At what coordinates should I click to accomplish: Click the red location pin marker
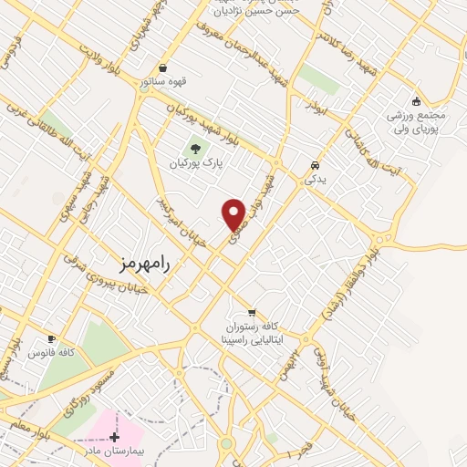233,214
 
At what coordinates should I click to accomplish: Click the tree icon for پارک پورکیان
192,148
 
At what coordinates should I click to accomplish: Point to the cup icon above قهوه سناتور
162,67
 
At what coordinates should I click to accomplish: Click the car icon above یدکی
315,166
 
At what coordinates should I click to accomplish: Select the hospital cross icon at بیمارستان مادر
114,438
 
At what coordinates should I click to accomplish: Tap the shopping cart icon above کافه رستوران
251,313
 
